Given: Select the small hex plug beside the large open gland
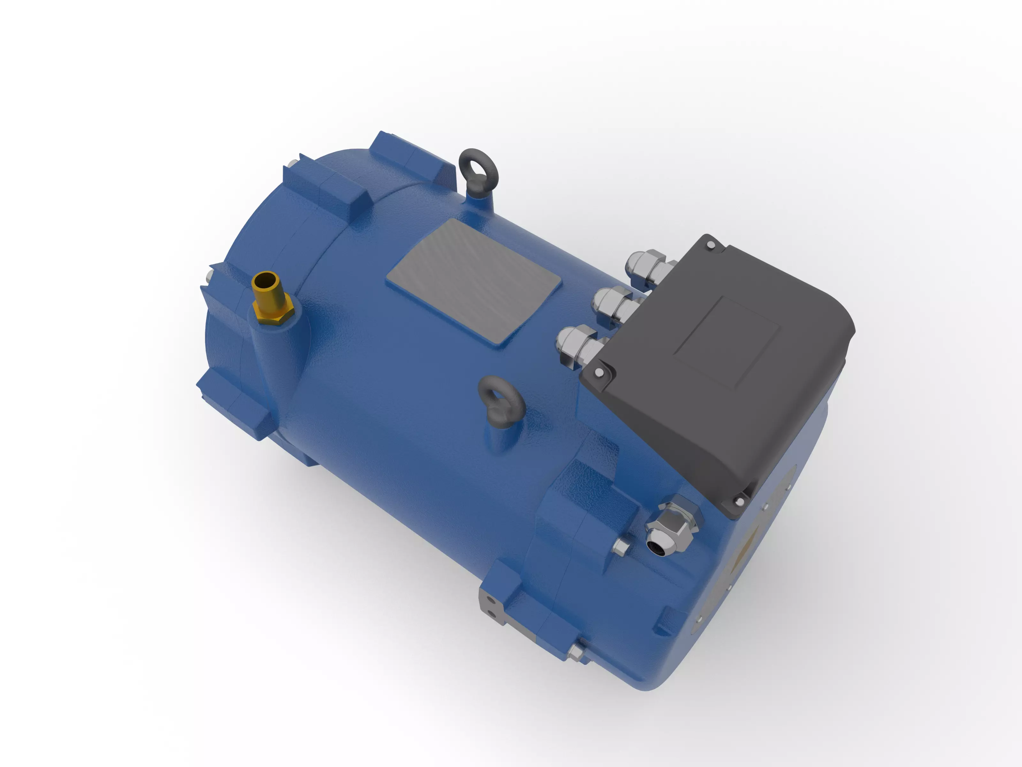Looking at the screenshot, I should (621, 547).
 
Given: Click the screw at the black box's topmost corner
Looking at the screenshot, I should (710, 245).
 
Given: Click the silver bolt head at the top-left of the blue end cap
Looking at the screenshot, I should (293, 164).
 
